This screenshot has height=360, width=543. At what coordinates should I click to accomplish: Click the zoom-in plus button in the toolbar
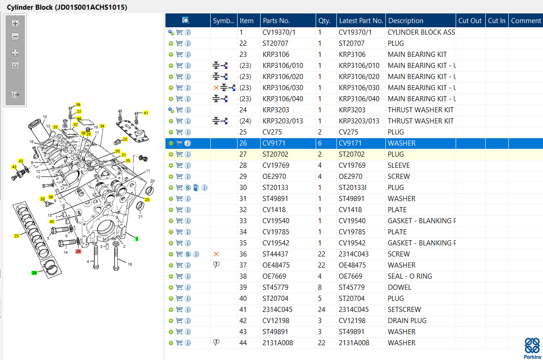[x=15, y=24]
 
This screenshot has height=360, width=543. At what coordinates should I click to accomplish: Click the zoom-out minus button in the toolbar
[x=15, y=37]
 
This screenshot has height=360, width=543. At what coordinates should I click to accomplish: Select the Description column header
[x=406, y=21]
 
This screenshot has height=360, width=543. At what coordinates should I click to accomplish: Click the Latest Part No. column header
[x=361, y=21]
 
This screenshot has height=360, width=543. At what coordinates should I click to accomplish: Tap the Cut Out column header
[x=470, y=21]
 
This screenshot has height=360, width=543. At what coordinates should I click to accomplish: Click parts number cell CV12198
[x=275, y=321]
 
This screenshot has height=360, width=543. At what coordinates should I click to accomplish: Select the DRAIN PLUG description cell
[x=407, y=321]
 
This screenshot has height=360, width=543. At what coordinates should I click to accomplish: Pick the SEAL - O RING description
[x=409, y=276]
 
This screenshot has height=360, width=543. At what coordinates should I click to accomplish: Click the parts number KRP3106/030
[x=282, y=88]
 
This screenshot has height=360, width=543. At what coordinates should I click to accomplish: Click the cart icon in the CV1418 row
[x=179, y=209]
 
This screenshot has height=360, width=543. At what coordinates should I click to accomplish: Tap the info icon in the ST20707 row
[x=188, y=43]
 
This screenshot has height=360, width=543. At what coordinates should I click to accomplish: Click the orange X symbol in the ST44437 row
[x=216, y=254]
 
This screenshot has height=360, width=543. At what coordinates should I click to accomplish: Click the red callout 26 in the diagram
[x=78, y=251]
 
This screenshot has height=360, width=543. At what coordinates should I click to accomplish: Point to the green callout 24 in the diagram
[x=34, y=273]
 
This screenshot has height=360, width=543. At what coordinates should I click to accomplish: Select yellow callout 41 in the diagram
[x=146, y=113]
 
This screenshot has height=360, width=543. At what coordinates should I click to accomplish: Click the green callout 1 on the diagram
[x=137, y=239]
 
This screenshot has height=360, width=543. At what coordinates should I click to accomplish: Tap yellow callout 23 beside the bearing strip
[x=16, y=236]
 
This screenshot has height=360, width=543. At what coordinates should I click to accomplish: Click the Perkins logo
[x=532, y=348]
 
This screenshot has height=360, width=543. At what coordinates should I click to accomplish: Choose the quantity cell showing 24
[x=321, y=310]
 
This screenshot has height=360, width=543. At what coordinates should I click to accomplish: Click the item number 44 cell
[x=243, y=343]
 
